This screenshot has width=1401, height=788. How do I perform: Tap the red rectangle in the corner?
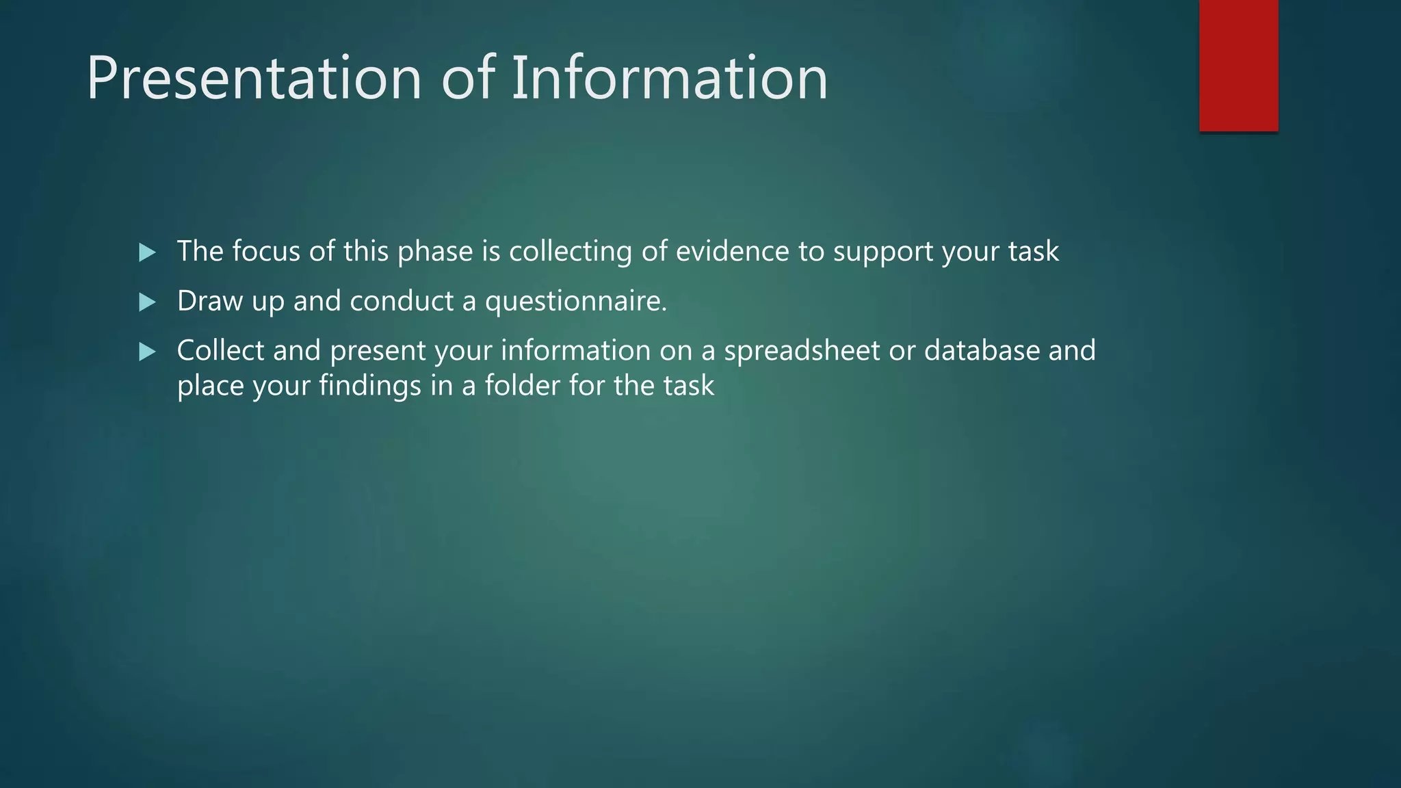coord(1238,65)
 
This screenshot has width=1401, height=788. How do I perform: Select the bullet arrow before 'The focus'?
coord(147,252)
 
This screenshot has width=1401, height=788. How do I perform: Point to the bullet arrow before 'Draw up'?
coord(147,302)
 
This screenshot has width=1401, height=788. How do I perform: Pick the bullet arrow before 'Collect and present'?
coord(147,352)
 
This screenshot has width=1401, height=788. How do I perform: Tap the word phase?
coord(435,251)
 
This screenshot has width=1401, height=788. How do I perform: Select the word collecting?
coord(570,251)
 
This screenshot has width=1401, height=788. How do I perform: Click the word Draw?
coord(209,301)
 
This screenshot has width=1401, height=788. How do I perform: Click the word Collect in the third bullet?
coord(220,350)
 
